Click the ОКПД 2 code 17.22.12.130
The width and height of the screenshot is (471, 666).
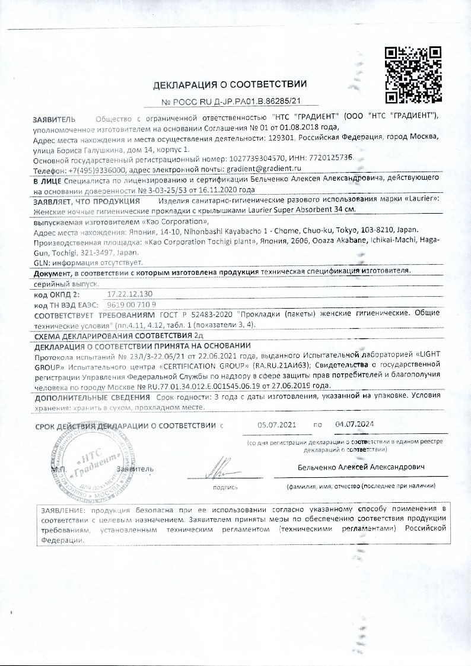click(x=130, y=294)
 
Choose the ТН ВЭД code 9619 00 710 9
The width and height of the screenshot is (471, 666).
click(x=131, y=304)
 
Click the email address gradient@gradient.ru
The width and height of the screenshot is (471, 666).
click(x=260, y=169)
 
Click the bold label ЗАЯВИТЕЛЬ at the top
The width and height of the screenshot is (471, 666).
click(x=55, y=118)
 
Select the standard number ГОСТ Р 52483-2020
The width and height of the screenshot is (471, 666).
click(x=195, y=314)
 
